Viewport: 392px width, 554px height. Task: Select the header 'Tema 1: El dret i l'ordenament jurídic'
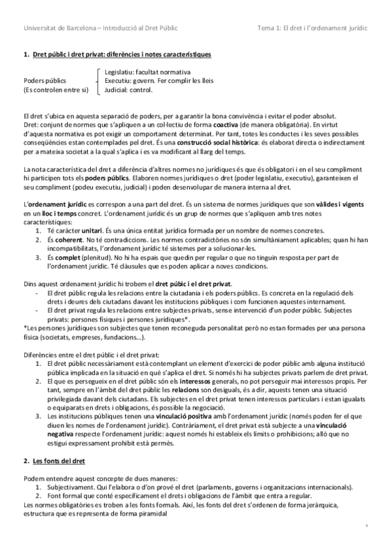[313, 29]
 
